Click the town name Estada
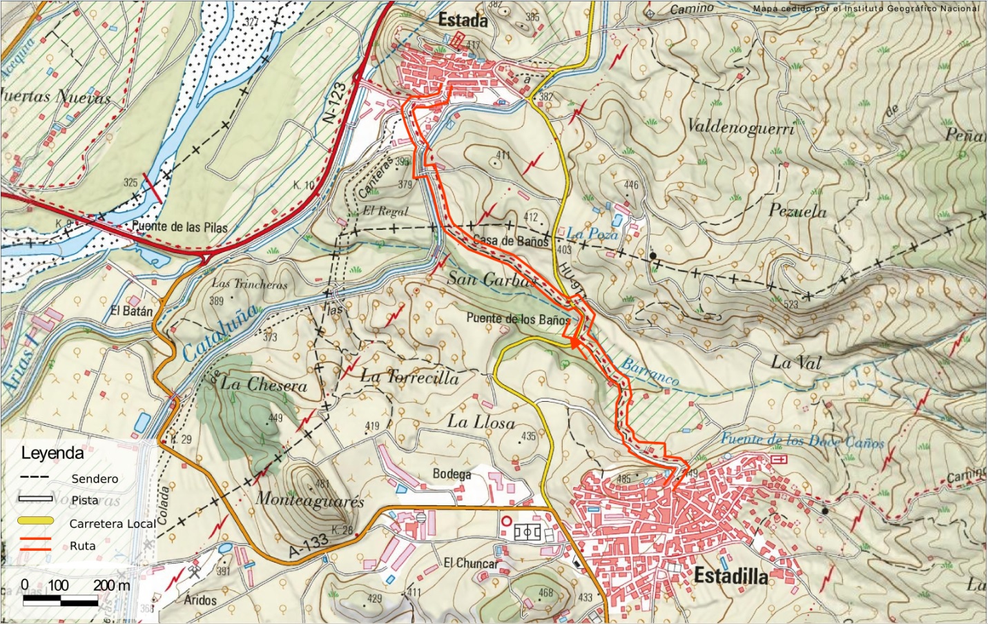click(x=463, y=21)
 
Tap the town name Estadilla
click(x=730, y=575)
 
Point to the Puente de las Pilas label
click(x=180, y=226)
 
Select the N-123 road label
click(x=336, y=104)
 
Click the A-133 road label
click(x=308, y=546)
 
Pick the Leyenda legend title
click(x=52, y=454)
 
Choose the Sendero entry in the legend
click(x=95, y=478)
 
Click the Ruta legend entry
click(x=83, y=545)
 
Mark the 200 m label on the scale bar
click(x=111, y=585)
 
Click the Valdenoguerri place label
click(x=741, y=126)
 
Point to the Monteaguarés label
click(x=310, y=499)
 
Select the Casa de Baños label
click(x=511, y=241)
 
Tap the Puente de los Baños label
click(x=519, y=319)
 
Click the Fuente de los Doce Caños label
click(x=802, y=440)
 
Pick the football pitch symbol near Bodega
click(x=528, y=532)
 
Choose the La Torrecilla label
click(x=409, y=377)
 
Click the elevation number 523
click(x=791, y=304)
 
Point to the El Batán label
click(x=131, y=311)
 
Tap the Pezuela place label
click(x=797, y=211)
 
